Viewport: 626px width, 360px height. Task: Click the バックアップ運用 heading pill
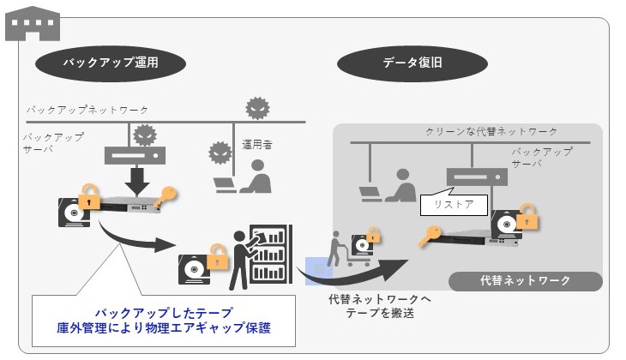[111, 63]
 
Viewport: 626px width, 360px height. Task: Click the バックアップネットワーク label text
[87, 111]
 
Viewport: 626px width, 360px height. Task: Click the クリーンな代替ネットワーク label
[491, 131]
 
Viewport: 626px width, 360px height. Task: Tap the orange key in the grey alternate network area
[431, 236]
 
